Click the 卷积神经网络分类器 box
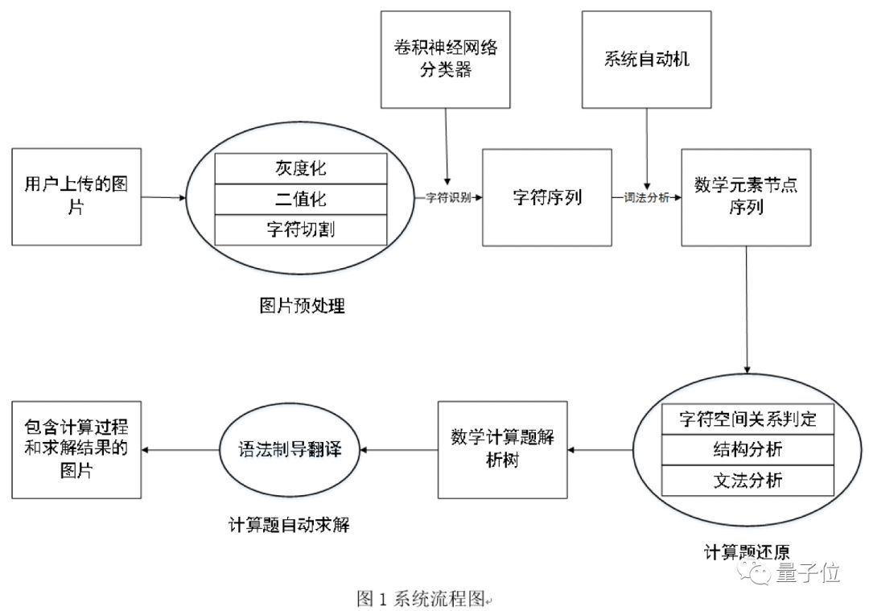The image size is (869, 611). pos(445,60)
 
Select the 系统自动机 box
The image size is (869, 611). pos(646,60)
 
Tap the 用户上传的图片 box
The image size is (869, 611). pos(76,197)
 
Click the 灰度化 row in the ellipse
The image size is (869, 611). pos(301,168)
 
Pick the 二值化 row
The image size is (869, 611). pos(301,199)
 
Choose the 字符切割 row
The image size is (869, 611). pos(301,229)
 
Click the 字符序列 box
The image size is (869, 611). pos(547,197)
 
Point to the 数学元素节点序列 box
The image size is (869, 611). pos(746,197)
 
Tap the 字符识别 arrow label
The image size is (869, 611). pos(448,197)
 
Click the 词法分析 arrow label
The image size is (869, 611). pos(647,197)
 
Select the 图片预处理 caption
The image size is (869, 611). pos(302,306)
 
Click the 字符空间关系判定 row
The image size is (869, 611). pos(748,419)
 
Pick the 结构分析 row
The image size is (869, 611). pos(748,450)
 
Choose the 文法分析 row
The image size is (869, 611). pos(748,480)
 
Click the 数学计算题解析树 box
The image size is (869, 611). pos(503,450)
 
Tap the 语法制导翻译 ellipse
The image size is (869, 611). pos(290,450)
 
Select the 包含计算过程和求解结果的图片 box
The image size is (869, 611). pos(76,450)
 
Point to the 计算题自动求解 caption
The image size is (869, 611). pos(289,525)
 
